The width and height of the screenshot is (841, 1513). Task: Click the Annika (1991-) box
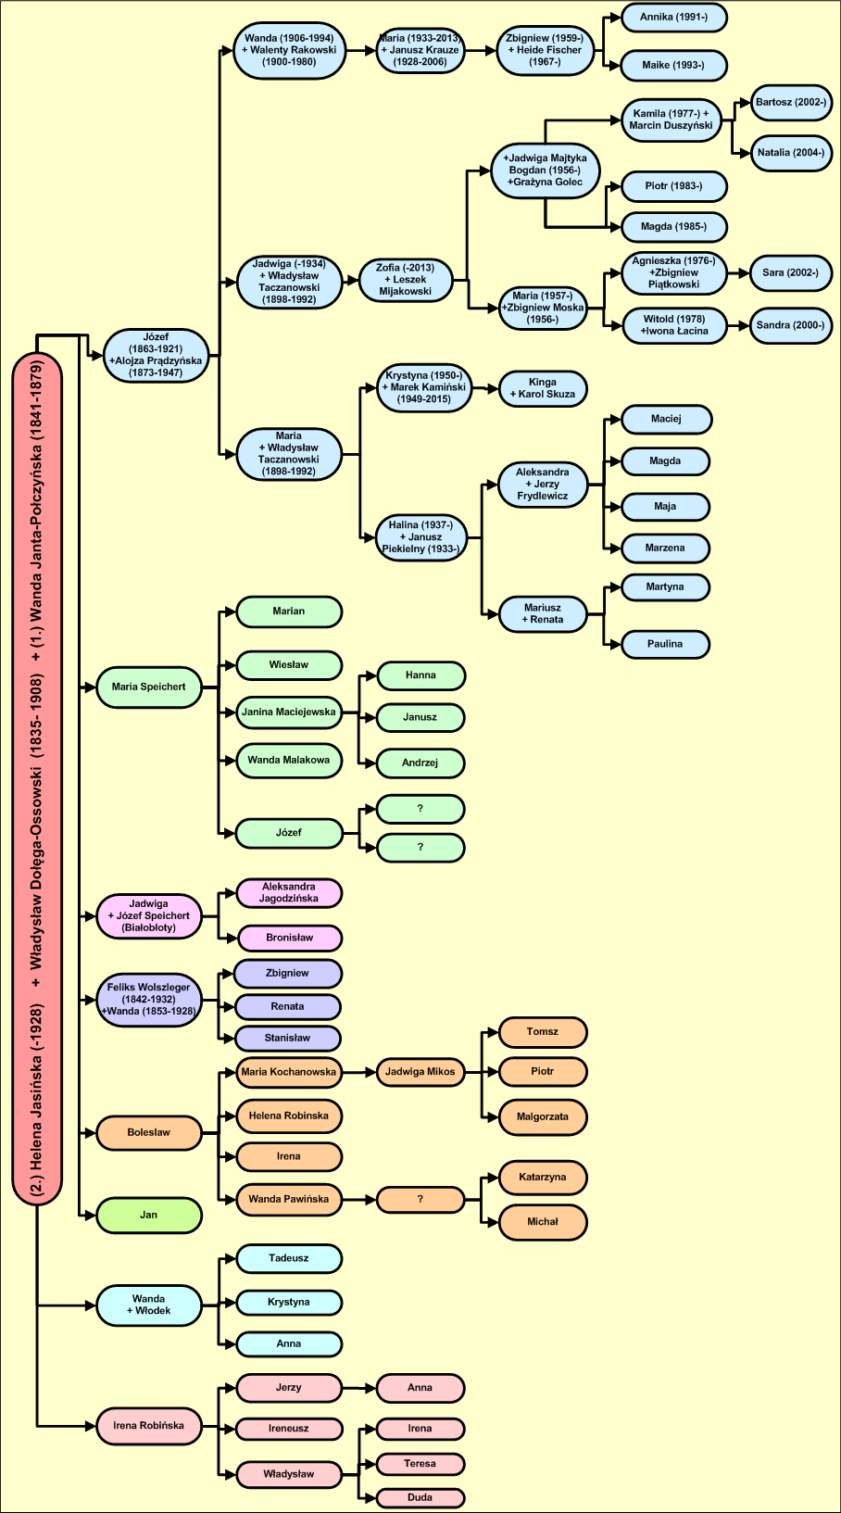click(x=673, y=18)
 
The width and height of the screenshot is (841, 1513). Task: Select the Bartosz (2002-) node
click(x=790, y=103)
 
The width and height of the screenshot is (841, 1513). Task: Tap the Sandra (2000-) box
click(x=790, y=325)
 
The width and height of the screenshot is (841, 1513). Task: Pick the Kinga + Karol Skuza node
click(x=543, y=388)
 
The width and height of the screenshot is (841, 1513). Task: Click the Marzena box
click(x=665, y=548)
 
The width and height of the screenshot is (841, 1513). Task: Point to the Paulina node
click(x=665, y=644)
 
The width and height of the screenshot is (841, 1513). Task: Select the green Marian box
click(x=289, y=612)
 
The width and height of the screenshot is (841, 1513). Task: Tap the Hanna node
click(x=420, y=675)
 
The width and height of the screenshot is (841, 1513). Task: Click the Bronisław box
click(x=290, y=938)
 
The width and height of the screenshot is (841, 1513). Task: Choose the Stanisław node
click(x=287, y=1038)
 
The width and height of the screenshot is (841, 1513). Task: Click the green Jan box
click(x=148, y=1215)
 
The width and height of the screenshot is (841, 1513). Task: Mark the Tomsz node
click(x=543, y=1032)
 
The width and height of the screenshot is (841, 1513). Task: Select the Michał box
click(x=543, y=1222)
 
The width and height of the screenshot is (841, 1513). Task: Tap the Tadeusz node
click(x=289, y=1258)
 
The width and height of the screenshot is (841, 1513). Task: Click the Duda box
click(x=420, y=1497)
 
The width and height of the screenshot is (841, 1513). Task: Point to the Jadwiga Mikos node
click(x=420, y=1072)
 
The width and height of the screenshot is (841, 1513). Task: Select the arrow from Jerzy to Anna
click(x=359, y=1388)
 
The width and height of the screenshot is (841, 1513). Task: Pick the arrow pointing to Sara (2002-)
click(x=737, y=273)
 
